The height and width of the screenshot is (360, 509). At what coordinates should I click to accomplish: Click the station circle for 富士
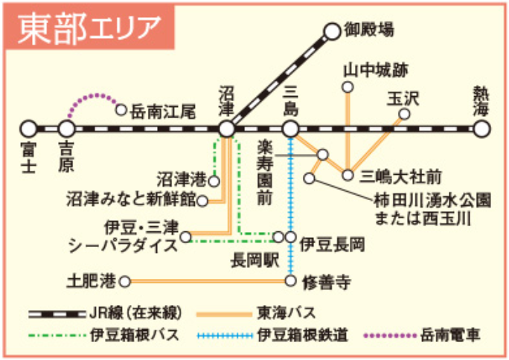click(x=29, y=129)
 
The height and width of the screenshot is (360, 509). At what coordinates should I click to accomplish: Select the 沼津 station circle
click(x=228, y=129)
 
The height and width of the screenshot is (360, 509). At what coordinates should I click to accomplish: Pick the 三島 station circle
click(x=291, y=129)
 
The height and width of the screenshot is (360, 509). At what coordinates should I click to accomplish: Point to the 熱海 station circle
click(x=482, y=129)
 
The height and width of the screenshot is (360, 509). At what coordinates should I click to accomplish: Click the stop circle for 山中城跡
click(x=347, y=88)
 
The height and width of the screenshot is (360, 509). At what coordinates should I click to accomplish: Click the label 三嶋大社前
click(x=400, y=176)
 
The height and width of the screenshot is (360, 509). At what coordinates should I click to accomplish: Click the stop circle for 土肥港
click(x=125, y=281)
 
